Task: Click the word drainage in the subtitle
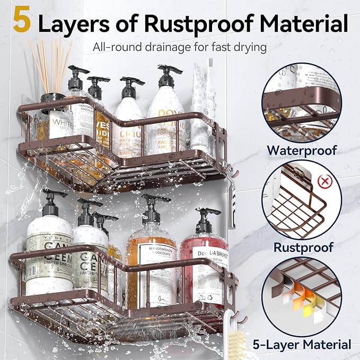(160, 47)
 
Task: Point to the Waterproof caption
(302, 150)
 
